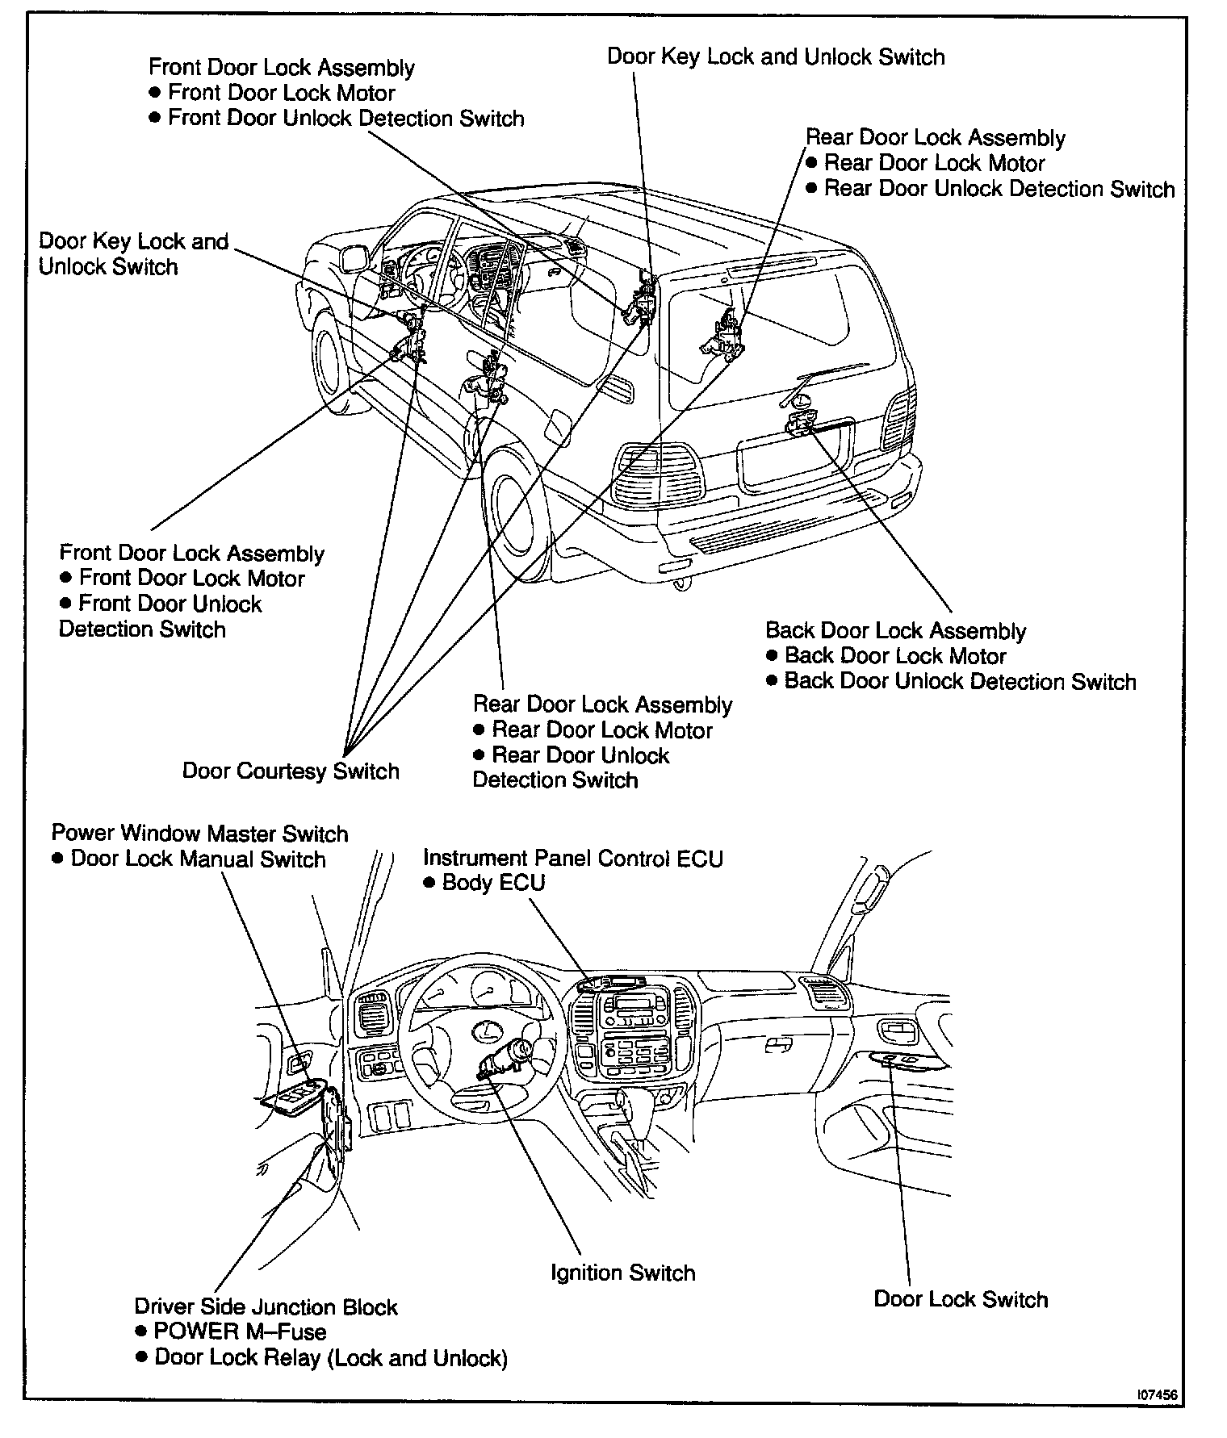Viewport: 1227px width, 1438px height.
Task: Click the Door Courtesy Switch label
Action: coord(291,771)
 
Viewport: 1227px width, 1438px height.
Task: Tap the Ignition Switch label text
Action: coord(622,1273)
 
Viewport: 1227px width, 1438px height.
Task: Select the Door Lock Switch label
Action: coord(961,1298)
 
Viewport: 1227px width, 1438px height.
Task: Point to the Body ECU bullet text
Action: coord(493,882)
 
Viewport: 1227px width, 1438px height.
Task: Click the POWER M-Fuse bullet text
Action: coord(240,1331)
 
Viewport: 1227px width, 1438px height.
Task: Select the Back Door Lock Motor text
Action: coord(895,655)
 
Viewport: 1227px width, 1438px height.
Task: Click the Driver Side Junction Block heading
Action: coord(266,1306)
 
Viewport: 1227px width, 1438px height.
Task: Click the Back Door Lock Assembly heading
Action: coord(895,630)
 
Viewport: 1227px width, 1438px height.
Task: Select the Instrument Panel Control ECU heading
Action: coord(572,858)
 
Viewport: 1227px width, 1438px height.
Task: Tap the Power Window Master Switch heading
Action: coord(199,833)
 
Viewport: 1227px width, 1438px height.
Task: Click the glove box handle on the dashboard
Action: coord(778,1045)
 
